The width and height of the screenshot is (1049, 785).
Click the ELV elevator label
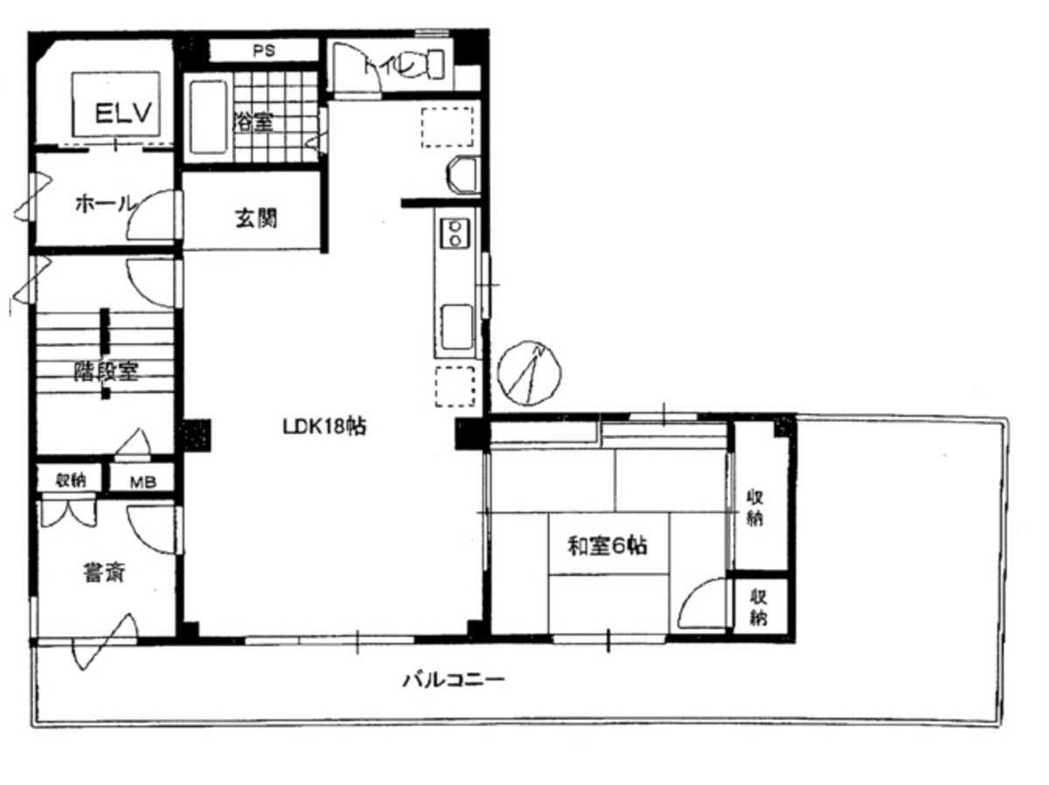[125, 113]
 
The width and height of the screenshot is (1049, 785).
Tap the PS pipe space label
[264, 51]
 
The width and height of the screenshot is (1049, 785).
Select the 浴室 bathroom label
[253, 122]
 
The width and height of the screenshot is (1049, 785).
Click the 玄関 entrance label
[255, 218]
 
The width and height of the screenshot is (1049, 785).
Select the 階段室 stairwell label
[105, 371]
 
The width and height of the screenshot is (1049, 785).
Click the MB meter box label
[142, 481]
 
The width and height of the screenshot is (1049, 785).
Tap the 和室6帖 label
[608, 547]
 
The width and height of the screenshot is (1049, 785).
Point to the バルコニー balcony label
[454, 679]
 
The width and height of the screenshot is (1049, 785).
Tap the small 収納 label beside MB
[70, 480]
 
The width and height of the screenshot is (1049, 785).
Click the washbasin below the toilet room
[462, 175]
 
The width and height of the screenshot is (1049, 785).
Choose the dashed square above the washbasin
[448, 125]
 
